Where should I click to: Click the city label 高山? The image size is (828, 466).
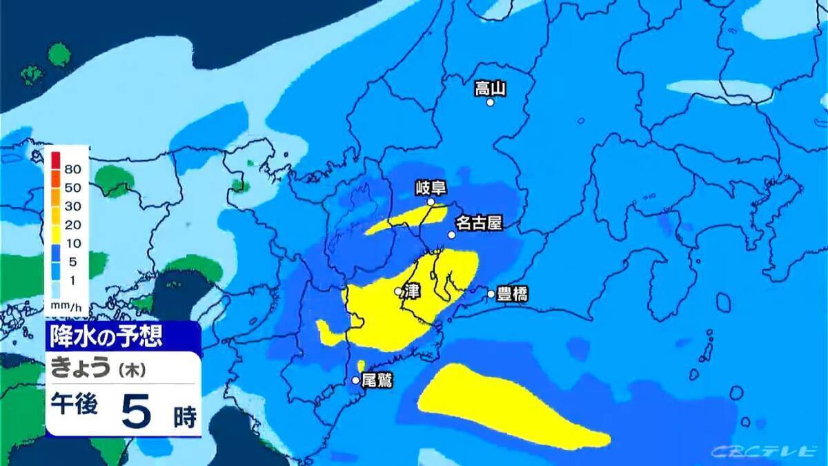point(491,88)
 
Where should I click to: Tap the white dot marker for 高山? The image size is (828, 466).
point(491,102)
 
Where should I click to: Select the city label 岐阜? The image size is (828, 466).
point(431,187)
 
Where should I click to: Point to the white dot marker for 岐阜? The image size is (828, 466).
point(431,202)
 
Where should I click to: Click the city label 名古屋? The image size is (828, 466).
point(477,223)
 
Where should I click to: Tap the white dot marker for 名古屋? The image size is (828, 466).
point(452,235)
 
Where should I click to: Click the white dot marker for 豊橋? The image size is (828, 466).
point(491,293)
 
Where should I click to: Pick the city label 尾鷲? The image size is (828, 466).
point(377,380)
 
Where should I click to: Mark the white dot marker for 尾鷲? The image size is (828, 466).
point(356,380)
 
